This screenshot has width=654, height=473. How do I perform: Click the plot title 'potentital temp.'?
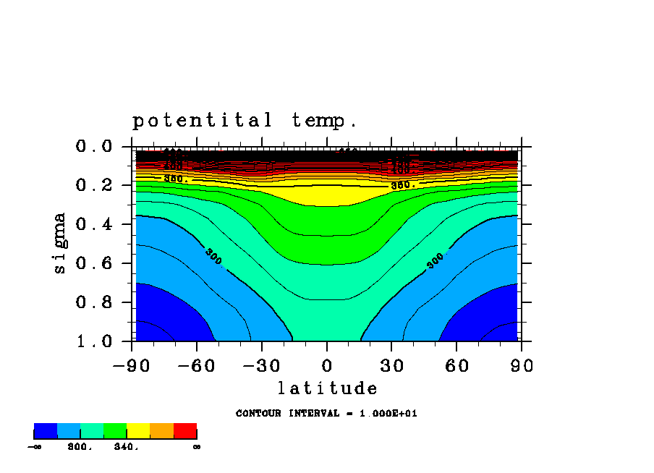click(x=245, y=120)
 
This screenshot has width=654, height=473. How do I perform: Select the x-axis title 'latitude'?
click(x=327, y=389)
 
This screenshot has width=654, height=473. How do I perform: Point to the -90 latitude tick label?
click(x=132, y=366)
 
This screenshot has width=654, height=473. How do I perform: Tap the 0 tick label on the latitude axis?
click(x=327, y=366)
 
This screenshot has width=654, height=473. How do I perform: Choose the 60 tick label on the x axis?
click(x=456, y=366)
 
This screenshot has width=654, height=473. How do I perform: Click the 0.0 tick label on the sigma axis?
click(x=94, y=147)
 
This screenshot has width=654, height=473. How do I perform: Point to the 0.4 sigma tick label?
click(x=94, y=225)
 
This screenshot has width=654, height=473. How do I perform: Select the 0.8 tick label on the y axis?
click(x=94, y=302)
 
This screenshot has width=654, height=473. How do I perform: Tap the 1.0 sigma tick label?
click(x=94, y=341)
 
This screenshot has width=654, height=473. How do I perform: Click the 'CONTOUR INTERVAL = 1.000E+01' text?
click(x=326, y=414)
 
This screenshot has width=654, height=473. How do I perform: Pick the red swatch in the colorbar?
click(x=185, y=431)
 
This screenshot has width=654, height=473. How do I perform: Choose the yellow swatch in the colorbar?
click(x=138, y=431)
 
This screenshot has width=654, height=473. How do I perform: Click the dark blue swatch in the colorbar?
click(x=46, y=431)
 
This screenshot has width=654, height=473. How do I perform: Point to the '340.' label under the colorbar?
click(x=126, y=447)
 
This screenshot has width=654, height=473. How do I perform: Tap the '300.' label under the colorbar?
click(x=80, y=447)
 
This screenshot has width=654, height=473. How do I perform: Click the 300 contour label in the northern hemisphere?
click(x=436, y=261)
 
